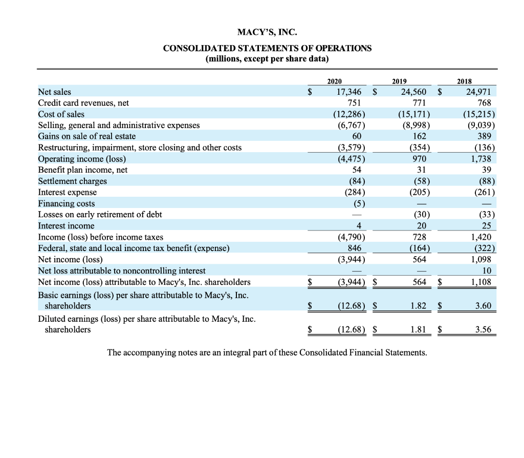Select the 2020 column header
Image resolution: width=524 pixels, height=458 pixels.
[x=335, y=81]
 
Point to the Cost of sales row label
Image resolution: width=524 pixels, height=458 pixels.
[x=61, y=114]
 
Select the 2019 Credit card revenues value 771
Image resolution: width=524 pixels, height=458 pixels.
[x=420, y=103]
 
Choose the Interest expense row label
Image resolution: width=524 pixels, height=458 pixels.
[x=68, y=192]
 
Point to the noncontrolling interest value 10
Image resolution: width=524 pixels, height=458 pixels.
[x=487, y=270]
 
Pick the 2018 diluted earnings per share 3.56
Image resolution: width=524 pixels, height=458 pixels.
[x=483, y=329]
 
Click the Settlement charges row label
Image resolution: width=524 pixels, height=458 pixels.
[x=73, y=181]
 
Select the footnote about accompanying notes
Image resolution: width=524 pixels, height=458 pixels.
[x=267, y=352]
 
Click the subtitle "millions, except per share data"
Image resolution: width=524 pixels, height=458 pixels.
[x=267, y=58]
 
